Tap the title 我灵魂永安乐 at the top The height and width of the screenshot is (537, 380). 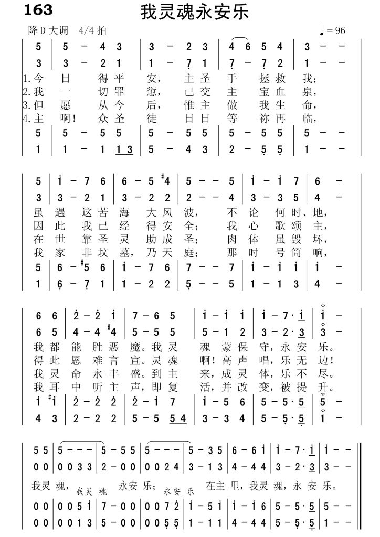click(194, 13)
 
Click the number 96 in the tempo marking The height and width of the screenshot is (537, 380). click(340, 31)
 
